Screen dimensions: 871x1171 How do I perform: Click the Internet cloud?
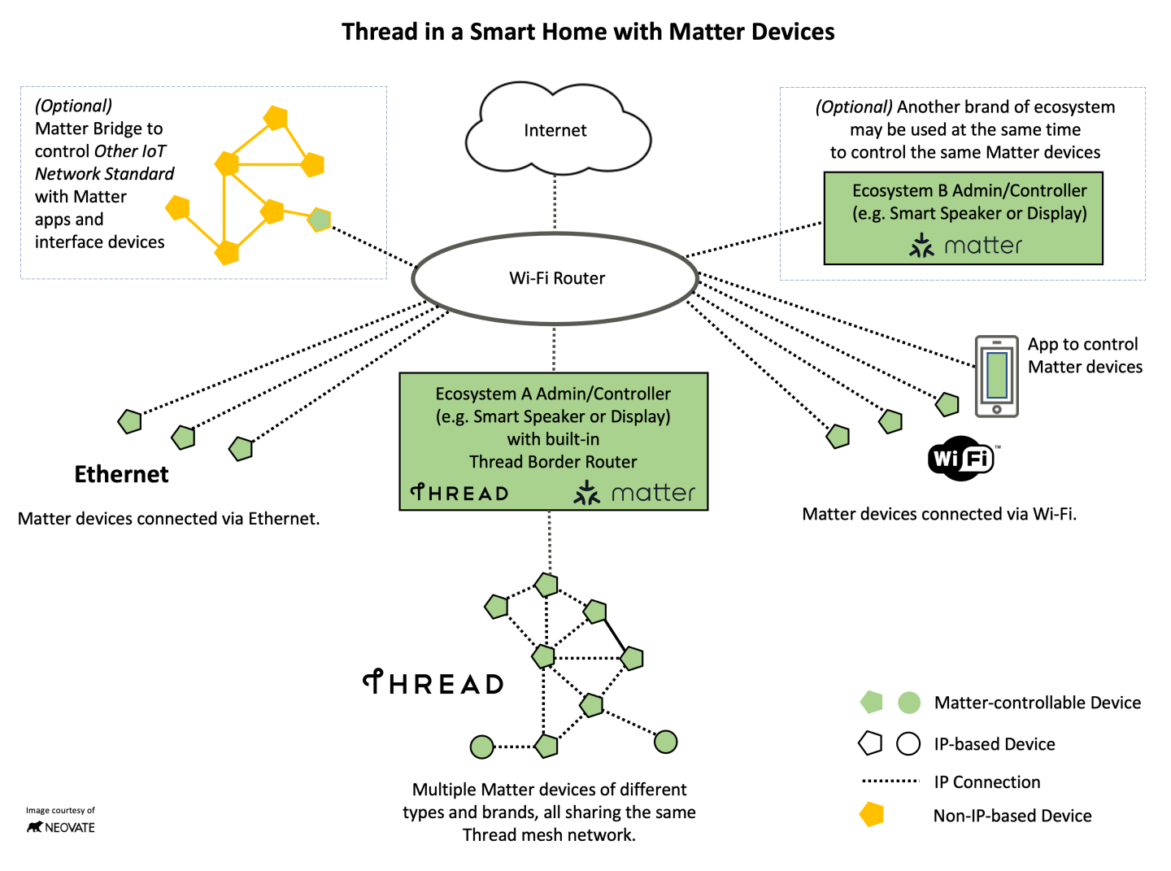point(556,130)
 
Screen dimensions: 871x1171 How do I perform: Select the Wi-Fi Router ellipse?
point(555,278)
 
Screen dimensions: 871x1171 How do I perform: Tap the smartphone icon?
point(996,376)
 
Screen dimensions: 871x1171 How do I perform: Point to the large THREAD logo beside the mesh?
point(433,683)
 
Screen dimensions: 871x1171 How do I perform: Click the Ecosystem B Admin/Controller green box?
point(963,217)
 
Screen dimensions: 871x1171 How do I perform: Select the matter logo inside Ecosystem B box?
point(966,246)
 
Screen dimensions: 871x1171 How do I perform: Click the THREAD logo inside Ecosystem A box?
point(459,493)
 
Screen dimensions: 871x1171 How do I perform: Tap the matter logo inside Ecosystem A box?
point(634,493)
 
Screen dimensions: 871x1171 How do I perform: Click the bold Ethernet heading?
point(121,474)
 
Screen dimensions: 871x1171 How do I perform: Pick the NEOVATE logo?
point(61,827)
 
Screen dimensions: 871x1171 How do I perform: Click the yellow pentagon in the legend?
point(872,814)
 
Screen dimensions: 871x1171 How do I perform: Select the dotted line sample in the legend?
point(890,782)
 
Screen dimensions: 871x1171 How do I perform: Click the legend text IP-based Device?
point(994,744)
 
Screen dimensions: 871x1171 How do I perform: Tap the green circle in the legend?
point(908,703)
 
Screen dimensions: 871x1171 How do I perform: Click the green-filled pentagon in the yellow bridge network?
point(320,220)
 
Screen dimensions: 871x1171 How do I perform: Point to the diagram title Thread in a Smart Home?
point(587,32)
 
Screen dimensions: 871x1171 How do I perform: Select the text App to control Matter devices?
point(1084,355)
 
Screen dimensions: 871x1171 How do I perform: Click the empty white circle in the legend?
point(908,743)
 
